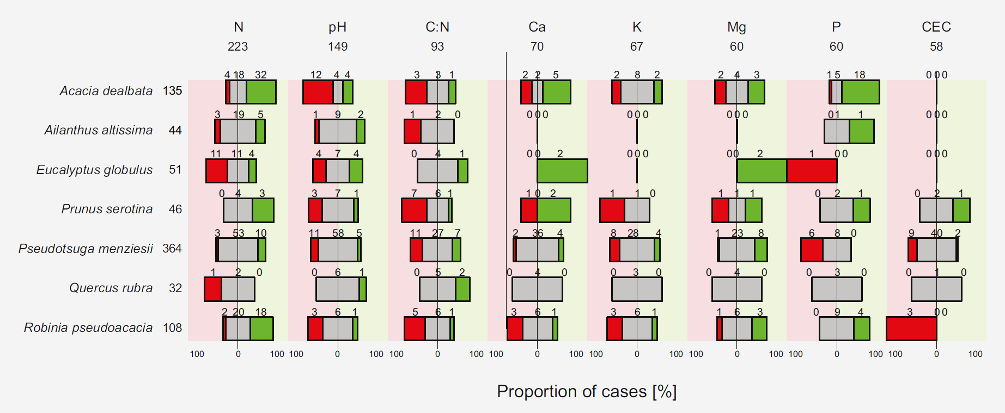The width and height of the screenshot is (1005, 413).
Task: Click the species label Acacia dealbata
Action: pos(106,91)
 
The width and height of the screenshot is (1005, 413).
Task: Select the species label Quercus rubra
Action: pos(111,288)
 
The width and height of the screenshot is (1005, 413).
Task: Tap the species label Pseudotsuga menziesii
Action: pos(86,249)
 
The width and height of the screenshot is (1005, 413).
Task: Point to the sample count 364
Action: pos(172,249)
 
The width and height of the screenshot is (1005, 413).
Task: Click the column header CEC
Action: pos(936,27)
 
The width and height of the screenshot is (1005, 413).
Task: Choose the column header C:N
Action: pos(437,27)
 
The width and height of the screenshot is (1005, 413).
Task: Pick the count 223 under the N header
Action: pos(238,47)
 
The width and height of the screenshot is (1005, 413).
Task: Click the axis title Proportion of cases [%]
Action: pos(587,392)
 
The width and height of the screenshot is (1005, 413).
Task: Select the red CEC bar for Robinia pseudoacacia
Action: pos(911,329)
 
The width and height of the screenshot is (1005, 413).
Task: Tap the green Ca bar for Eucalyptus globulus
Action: pos(562,171)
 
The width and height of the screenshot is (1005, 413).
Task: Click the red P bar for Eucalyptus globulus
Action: pos(812,171)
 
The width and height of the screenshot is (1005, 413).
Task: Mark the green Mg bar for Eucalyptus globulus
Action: pos(762,171)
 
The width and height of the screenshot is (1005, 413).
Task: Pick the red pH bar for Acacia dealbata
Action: pos(318,92)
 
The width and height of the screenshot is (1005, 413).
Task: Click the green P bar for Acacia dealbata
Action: pos(861,92)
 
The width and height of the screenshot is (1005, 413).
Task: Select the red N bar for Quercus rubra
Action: pos(213,289)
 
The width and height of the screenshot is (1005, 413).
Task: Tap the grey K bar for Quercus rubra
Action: pos(637,289)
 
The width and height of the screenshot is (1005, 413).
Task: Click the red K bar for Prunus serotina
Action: pos(612,210)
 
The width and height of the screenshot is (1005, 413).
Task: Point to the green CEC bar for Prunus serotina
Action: pos(961,210)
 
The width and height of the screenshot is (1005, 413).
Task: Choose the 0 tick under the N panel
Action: pos(238,354)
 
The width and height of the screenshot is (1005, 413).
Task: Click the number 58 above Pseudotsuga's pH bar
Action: pos(338,233)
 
